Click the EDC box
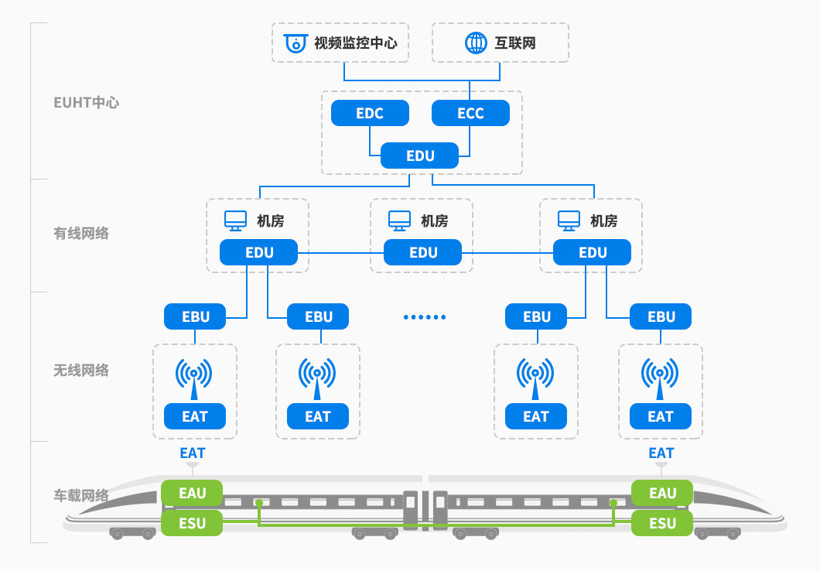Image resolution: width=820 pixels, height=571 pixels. click(370, 114)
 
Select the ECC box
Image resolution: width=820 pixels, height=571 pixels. click(470, 114)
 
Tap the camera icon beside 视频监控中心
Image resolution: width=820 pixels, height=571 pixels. click(295, 43)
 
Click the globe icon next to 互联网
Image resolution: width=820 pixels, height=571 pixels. click(475, 43)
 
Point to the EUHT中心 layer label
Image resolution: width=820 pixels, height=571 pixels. click(87, 102)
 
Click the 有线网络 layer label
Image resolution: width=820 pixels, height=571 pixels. click(81, 233)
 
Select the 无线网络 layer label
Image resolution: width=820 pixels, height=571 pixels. click(81, 370)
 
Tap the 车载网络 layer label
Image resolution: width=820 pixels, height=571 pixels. click(81, 495)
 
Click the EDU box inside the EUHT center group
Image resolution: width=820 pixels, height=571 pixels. click(420, 156)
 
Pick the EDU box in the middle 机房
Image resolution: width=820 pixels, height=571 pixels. click(423, 252)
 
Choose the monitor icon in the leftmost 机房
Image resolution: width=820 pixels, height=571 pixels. click(235, 221)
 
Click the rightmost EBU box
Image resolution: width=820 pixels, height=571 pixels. click(661, 316)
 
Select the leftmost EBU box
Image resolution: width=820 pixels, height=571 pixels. click(195, 316)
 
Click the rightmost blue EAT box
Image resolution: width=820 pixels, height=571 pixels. click(661, 416)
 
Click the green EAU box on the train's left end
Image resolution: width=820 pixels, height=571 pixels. click(192, 493)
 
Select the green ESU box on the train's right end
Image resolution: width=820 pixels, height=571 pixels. click(662, 523)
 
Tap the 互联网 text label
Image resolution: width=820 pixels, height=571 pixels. click(515, 43)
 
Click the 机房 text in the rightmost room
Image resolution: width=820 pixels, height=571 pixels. click(603, 221)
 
